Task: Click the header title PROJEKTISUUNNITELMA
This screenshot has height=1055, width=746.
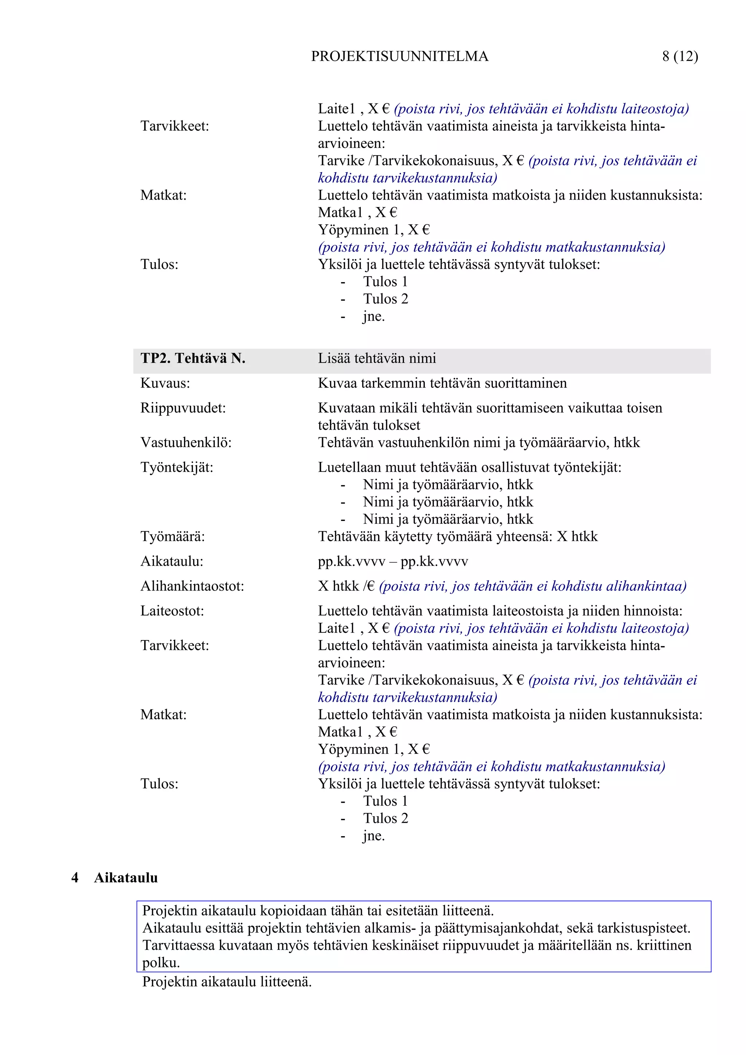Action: pyautogui.click(x=400, y=56)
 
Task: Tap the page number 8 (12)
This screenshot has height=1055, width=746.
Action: pyautogui.click(x=679, y=56)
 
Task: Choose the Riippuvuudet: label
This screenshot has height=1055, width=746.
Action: pyautogui.click(x=183, y=408)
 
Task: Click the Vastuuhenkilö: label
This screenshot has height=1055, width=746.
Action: pyautogui.click(x=186, y=442)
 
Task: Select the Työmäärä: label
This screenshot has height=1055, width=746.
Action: pyautogui.click(x=172, y=536)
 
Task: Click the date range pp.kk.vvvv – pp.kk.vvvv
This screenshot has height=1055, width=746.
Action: pyautogui.click(x=393, y=561)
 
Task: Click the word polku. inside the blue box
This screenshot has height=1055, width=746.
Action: pyautogui.click(x=161, y=962)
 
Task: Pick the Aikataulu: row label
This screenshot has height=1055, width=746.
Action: pyautogui.click(x=172, y=561)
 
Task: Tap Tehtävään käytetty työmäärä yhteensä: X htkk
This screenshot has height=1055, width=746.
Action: pyautogui.click(x=458, y=536)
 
